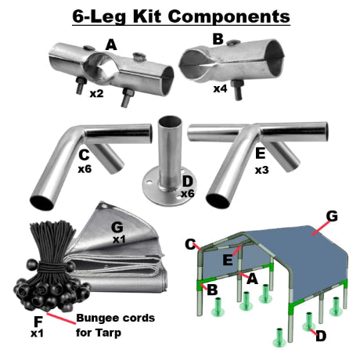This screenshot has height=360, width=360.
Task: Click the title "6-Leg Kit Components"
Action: point(179,15)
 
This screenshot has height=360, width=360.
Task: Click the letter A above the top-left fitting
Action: point(111,45)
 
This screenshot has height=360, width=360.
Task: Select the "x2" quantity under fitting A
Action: point(97,94)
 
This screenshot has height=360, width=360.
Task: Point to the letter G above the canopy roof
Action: point(331,214)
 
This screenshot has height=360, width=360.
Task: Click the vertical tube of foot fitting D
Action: point(167,145)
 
